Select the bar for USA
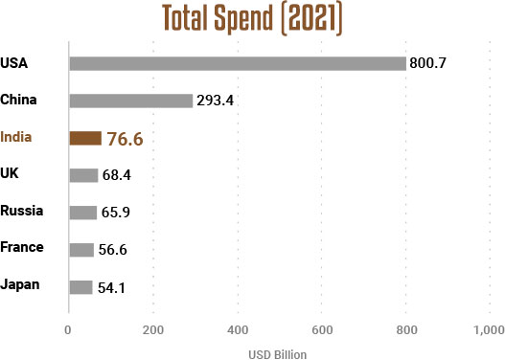(x=238, y=64)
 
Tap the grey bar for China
(x=131, y=101)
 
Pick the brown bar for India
(x=85, y=138)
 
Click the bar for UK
(x=83, y=174)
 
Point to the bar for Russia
(x=82, y=212)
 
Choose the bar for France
(x=81, y=249)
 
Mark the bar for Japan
(x=80, y=286)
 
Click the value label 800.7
(x=429, y=64)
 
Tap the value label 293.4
(x=217, y=101)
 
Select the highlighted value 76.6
(x=125, y=139)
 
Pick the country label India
(x=16, y=137)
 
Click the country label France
(x=22, y=247)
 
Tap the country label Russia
(x=21, y=210)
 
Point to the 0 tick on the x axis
(x=68, y=330)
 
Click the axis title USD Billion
(x=278, y=352)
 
